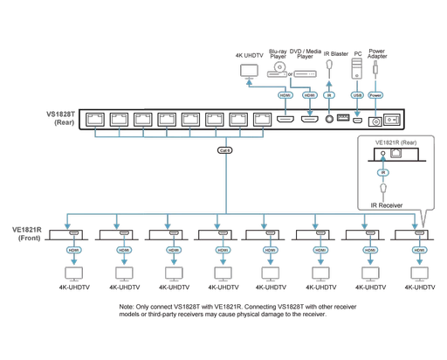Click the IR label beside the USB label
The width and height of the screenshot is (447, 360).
pyautogui.click(x=329, y=96)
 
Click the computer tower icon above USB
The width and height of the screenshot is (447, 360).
pyautogui.click(x=356, y=66)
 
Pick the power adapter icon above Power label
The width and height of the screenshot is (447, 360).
pyautogui.click(x=377, y=65)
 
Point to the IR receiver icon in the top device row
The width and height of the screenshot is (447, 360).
pyautogui.click(x=329, y=66)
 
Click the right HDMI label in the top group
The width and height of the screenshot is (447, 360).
pyautogui.click(x=310, y=96)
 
